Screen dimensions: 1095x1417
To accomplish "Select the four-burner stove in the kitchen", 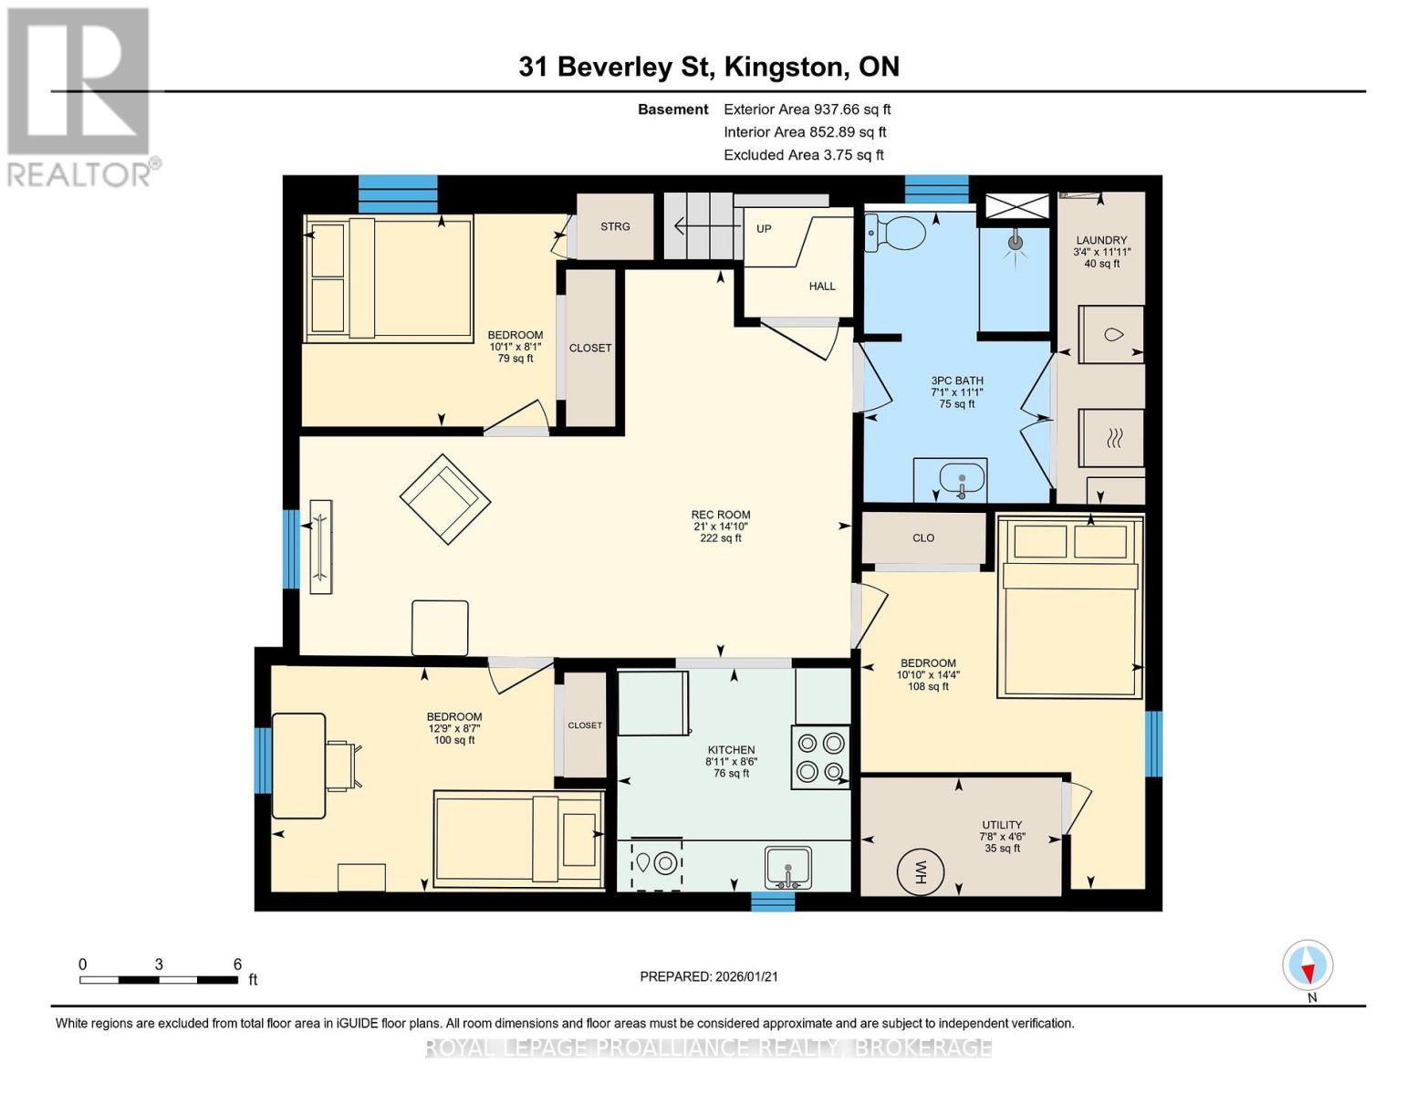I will [x=819, y=757].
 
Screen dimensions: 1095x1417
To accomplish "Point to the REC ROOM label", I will [x=720, y=515].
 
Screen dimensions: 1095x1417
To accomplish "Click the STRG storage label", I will [x=615, y=226].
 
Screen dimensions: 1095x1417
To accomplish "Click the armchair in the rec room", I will [x=444, y=499].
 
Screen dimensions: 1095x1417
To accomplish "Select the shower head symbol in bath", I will [x=1015, y=243].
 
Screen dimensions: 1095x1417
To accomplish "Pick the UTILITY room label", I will [x=1002, y=824].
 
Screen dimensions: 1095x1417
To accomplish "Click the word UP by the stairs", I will [x=764, y=228].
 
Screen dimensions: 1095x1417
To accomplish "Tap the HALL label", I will [x=822, y=286].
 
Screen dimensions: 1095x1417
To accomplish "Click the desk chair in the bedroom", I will [x=344, y=765].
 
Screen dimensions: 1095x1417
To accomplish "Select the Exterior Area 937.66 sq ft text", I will [x=807, y=109].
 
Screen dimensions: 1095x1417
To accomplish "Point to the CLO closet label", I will [x=923, y=537].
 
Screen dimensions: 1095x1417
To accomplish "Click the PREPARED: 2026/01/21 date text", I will [x=709, y=976].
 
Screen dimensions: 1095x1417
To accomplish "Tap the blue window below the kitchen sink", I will [x=773, y=902].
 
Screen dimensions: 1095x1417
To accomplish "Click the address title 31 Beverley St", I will [x=620, y=67].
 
